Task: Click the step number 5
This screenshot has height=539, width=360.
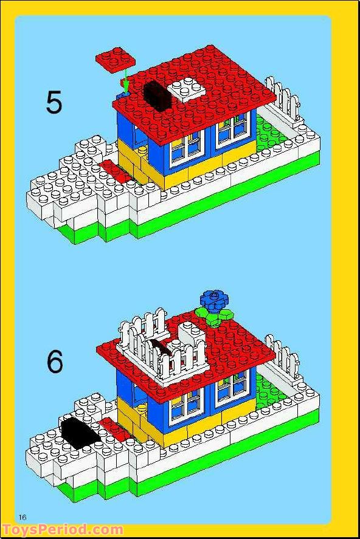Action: (x=54, y=102)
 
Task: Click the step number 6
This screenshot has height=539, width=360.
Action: (x=55, y=363)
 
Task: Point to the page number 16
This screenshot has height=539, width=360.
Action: (x=22, y=517)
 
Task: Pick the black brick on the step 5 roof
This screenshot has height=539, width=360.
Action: (x=156, y=95)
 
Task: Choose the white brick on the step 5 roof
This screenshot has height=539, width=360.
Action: (x=186, y=88)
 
